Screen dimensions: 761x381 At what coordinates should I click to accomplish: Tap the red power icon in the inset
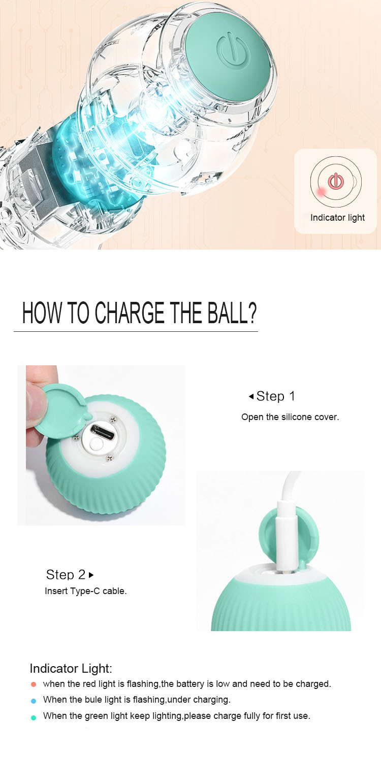tap(335, 181)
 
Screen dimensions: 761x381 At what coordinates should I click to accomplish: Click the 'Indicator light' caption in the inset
tap(337, 218)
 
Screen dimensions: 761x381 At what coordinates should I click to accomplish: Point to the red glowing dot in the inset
tap(321, 191)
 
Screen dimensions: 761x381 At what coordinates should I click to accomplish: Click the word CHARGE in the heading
tap(130, 313)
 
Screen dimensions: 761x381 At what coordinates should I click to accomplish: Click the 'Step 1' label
tap(275, 396)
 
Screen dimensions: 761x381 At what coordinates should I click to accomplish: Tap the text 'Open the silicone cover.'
tap(290, 417)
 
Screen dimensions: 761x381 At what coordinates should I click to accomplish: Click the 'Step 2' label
tap(66, 575)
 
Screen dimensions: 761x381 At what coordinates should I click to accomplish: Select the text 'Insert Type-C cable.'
tap(85, 591)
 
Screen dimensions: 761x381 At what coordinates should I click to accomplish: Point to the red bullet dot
tap(34, 684)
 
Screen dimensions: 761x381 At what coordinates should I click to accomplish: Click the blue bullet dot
tap(34, 701)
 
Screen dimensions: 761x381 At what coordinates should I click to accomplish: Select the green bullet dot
tap(34, 717)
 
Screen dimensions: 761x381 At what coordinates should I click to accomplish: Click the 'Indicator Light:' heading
tap(71, 668)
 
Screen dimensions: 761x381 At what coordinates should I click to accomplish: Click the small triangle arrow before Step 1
tap(251, 396)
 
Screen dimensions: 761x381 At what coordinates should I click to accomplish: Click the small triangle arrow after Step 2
tap(91, 575)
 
